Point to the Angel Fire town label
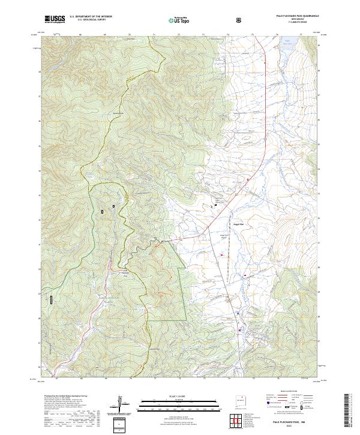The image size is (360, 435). pos(246,224)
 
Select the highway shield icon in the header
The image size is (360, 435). pos(238,20)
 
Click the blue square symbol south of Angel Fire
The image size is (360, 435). pos(238,313)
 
